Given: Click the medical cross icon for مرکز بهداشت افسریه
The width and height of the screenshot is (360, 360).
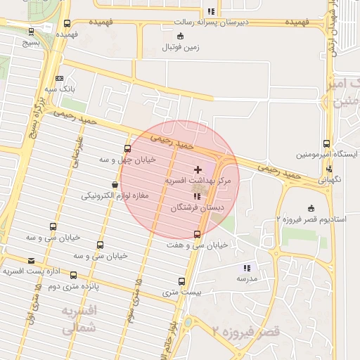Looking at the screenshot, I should point(198,169).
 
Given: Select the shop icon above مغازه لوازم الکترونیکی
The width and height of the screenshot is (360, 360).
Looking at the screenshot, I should point(115,185).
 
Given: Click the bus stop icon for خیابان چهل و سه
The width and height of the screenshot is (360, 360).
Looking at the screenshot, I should point(127,148).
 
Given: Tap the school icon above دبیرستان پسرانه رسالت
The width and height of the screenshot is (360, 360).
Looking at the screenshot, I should point(211,11).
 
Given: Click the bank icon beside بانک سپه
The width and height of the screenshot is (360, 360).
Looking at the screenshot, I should point(59,78).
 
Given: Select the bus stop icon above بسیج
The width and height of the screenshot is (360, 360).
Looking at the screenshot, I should point(31,31).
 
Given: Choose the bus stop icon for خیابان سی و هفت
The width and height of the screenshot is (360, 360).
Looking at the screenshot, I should point(197,233).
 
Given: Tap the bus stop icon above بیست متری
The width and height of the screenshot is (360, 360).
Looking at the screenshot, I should point(181,281).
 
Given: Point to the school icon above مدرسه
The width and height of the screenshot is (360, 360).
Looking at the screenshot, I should point(246,268).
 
